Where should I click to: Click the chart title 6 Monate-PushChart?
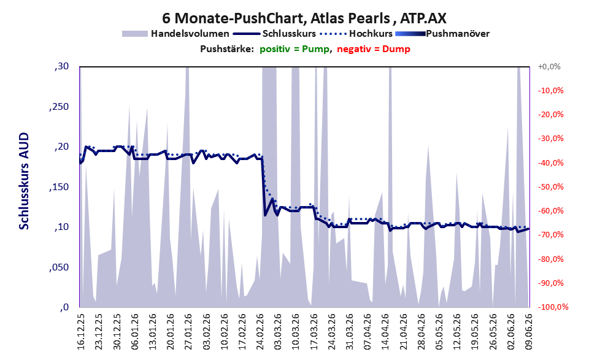[x=231, y=18]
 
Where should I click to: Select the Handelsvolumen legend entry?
[x=175, y=34]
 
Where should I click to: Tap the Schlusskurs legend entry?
[x=274, y=34]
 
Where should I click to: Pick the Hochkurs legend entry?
[x=356, y=34]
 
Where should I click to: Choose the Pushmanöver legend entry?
[x=442, y=34]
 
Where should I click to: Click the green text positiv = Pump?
[x=294, y=49]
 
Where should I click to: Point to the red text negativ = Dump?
[x=374, y=49]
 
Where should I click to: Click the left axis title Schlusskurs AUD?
[x=24, y=181]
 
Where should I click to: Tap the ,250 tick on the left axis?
[x=59, y=107]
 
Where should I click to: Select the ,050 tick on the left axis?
[x=59, y=267]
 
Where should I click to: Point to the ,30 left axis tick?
[x=61, y=67]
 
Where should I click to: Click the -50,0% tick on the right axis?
[x=550, y=187]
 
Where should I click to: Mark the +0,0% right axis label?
[x=549, y=67]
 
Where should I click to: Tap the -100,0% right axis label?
[x=553, y=307]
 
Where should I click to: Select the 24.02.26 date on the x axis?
[x=260, y=332]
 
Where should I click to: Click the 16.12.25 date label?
[x=81, y=332]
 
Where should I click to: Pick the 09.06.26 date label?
[x=529, y=332]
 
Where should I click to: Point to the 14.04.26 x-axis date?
[x=385, y=332]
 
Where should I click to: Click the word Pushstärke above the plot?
[x=227, y=49]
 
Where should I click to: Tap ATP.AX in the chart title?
[x=423, y=18]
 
